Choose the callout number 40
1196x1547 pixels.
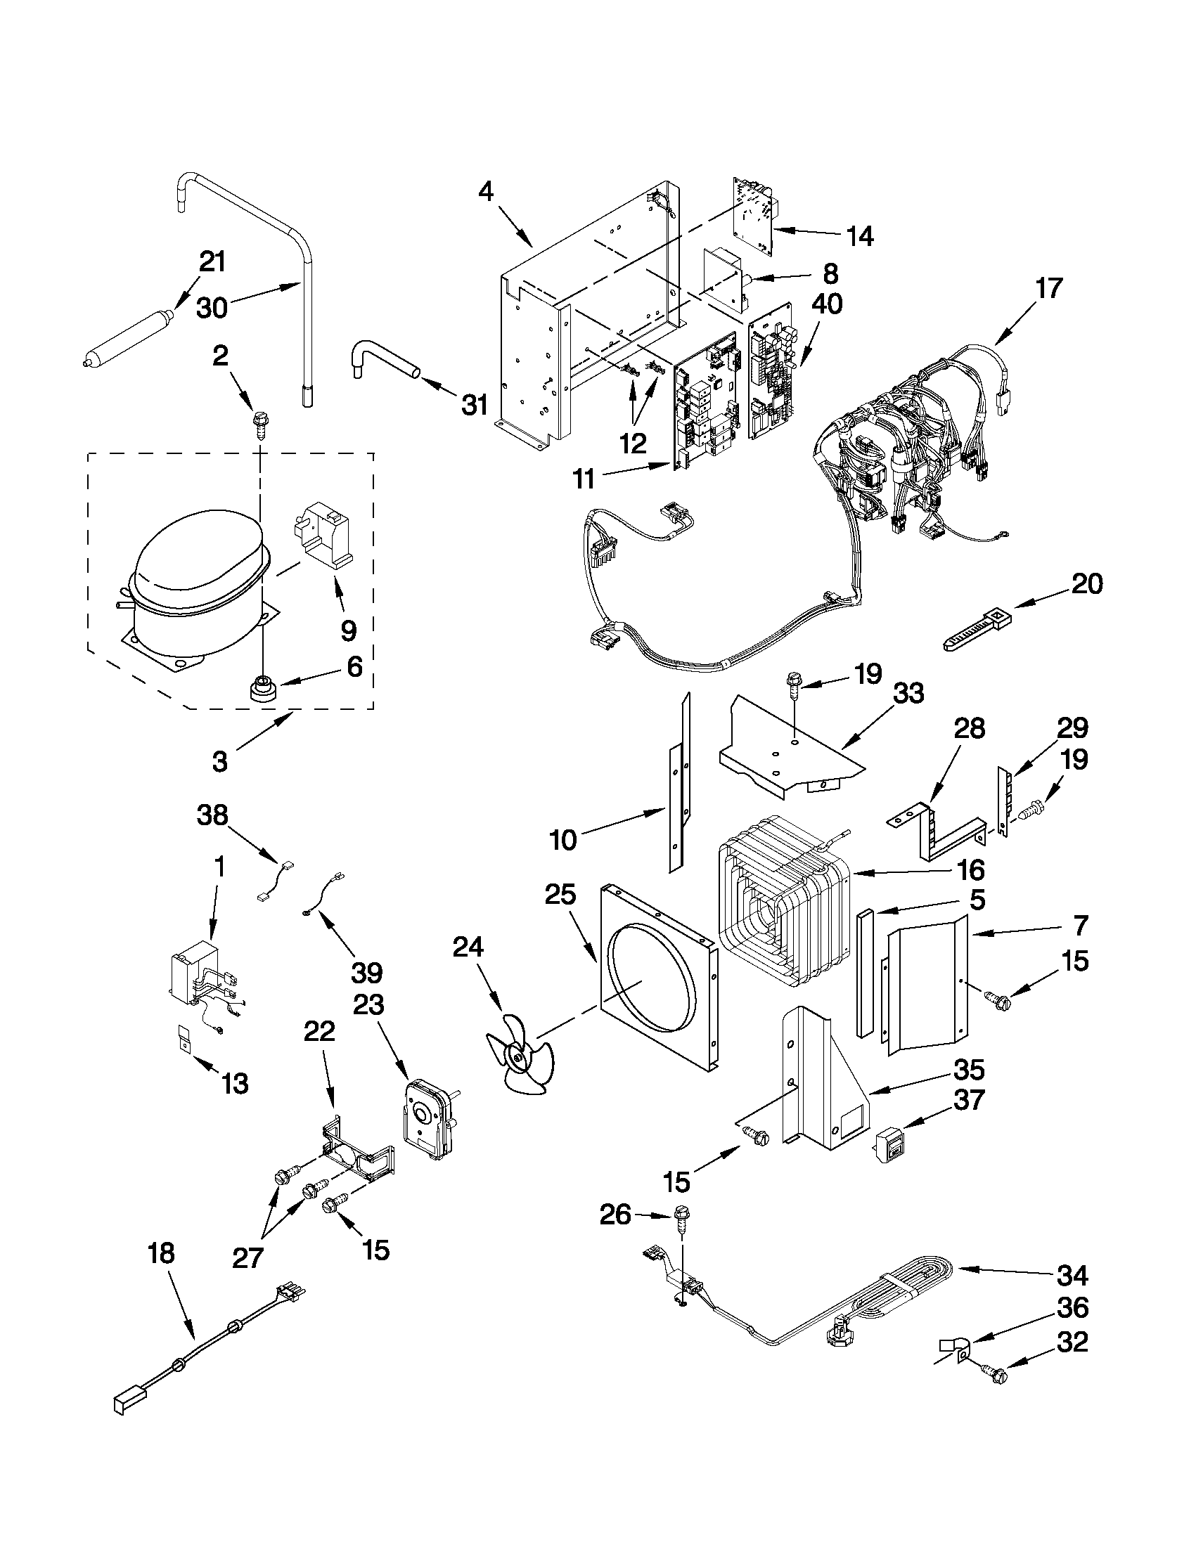tap(827, 304)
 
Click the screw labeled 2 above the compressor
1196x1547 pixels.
tap(259, 426)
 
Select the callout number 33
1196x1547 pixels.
tap(908, 693)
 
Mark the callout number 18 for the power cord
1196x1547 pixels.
tap(161, 1253)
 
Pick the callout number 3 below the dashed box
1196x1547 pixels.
tap(219, 761)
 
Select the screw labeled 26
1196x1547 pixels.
tap(683, 1215)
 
